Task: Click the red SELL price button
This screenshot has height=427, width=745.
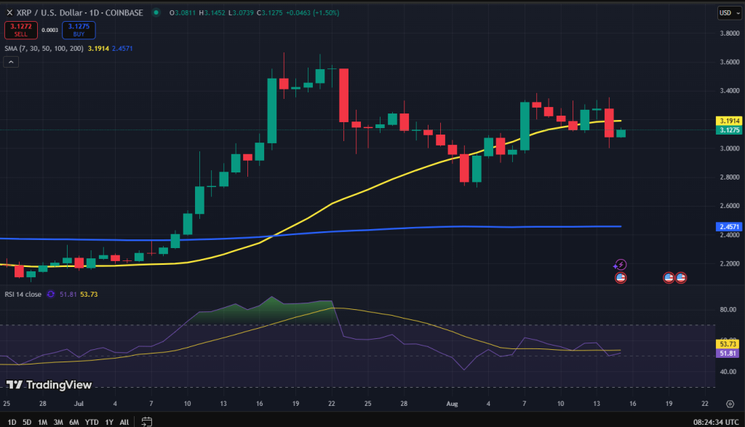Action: click(x=20, y=30)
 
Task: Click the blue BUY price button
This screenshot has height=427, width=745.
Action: click(x=78, y=30)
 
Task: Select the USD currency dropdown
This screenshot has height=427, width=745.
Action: click(x=727, y=13)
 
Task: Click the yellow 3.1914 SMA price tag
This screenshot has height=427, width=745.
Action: click(x=728, y=121)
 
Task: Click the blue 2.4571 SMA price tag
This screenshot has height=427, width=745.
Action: click(x=728, y=227)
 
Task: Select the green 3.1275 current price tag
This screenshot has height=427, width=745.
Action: click(x=728, y=130)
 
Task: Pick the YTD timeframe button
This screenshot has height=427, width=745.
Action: click(x=91, y=422)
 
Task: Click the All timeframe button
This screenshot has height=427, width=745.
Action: click(x=124, y=422)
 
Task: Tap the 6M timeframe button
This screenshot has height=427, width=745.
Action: click(x=73, y=422)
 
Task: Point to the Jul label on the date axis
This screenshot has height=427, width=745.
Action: click(x=78, y=402)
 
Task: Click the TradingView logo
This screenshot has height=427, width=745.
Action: click(x=49, y=385)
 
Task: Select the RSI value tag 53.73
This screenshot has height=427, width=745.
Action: click(x=728, y=343)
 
